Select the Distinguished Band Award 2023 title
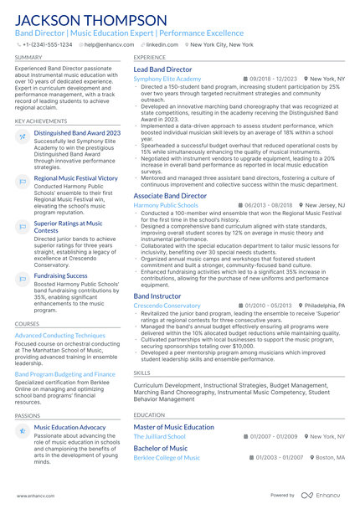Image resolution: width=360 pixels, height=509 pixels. [77, 133]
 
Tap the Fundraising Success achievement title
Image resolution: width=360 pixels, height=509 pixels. [61, 275]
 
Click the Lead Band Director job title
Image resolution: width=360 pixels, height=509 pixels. [162, 69]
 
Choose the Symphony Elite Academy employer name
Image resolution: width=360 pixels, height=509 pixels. [167, 79]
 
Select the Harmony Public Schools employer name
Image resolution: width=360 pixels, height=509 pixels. [166, 205]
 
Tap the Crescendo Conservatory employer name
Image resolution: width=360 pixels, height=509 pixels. [167, 306]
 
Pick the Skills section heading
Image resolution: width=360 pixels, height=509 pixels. [142, 373]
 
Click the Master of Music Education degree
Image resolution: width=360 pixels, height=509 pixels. [173, 427]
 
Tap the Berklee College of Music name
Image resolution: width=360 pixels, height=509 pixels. [167, 458]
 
